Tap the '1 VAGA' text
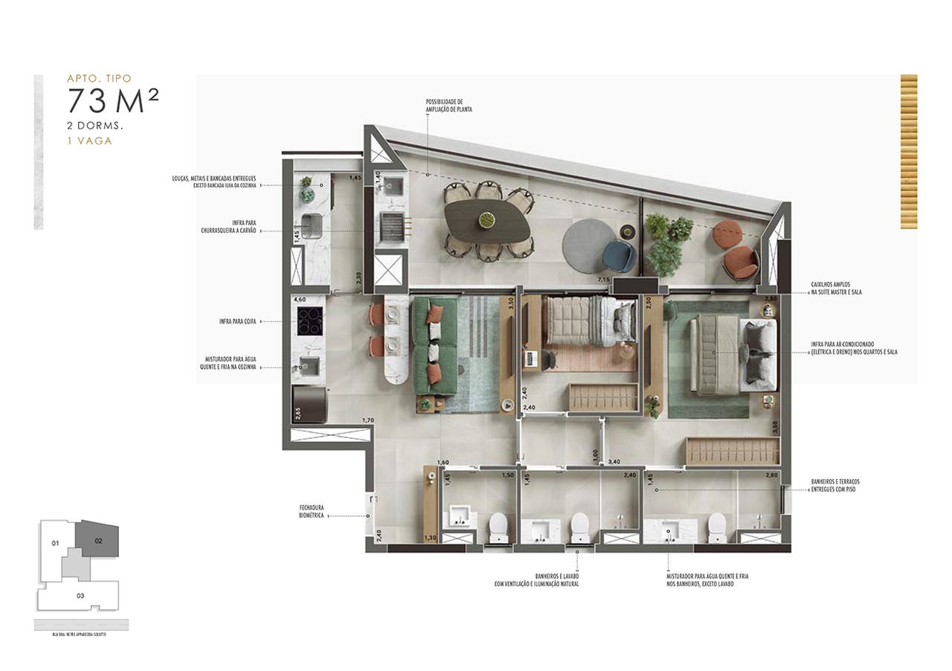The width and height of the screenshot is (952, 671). [89, 140]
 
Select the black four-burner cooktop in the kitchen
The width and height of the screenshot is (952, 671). [308, 321]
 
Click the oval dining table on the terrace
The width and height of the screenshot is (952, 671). [488, 219]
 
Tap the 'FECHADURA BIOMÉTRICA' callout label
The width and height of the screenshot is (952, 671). [311, 511]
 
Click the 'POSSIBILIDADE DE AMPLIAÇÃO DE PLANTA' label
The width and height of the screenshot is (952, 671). [448, 105]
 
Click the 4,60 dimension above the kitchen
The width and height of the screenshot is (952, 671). [300, 299]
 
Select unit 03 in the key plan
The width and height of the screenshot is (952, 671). [80, 595]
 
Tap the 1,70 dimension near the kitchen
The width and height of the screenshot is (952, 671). [367, 421]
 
